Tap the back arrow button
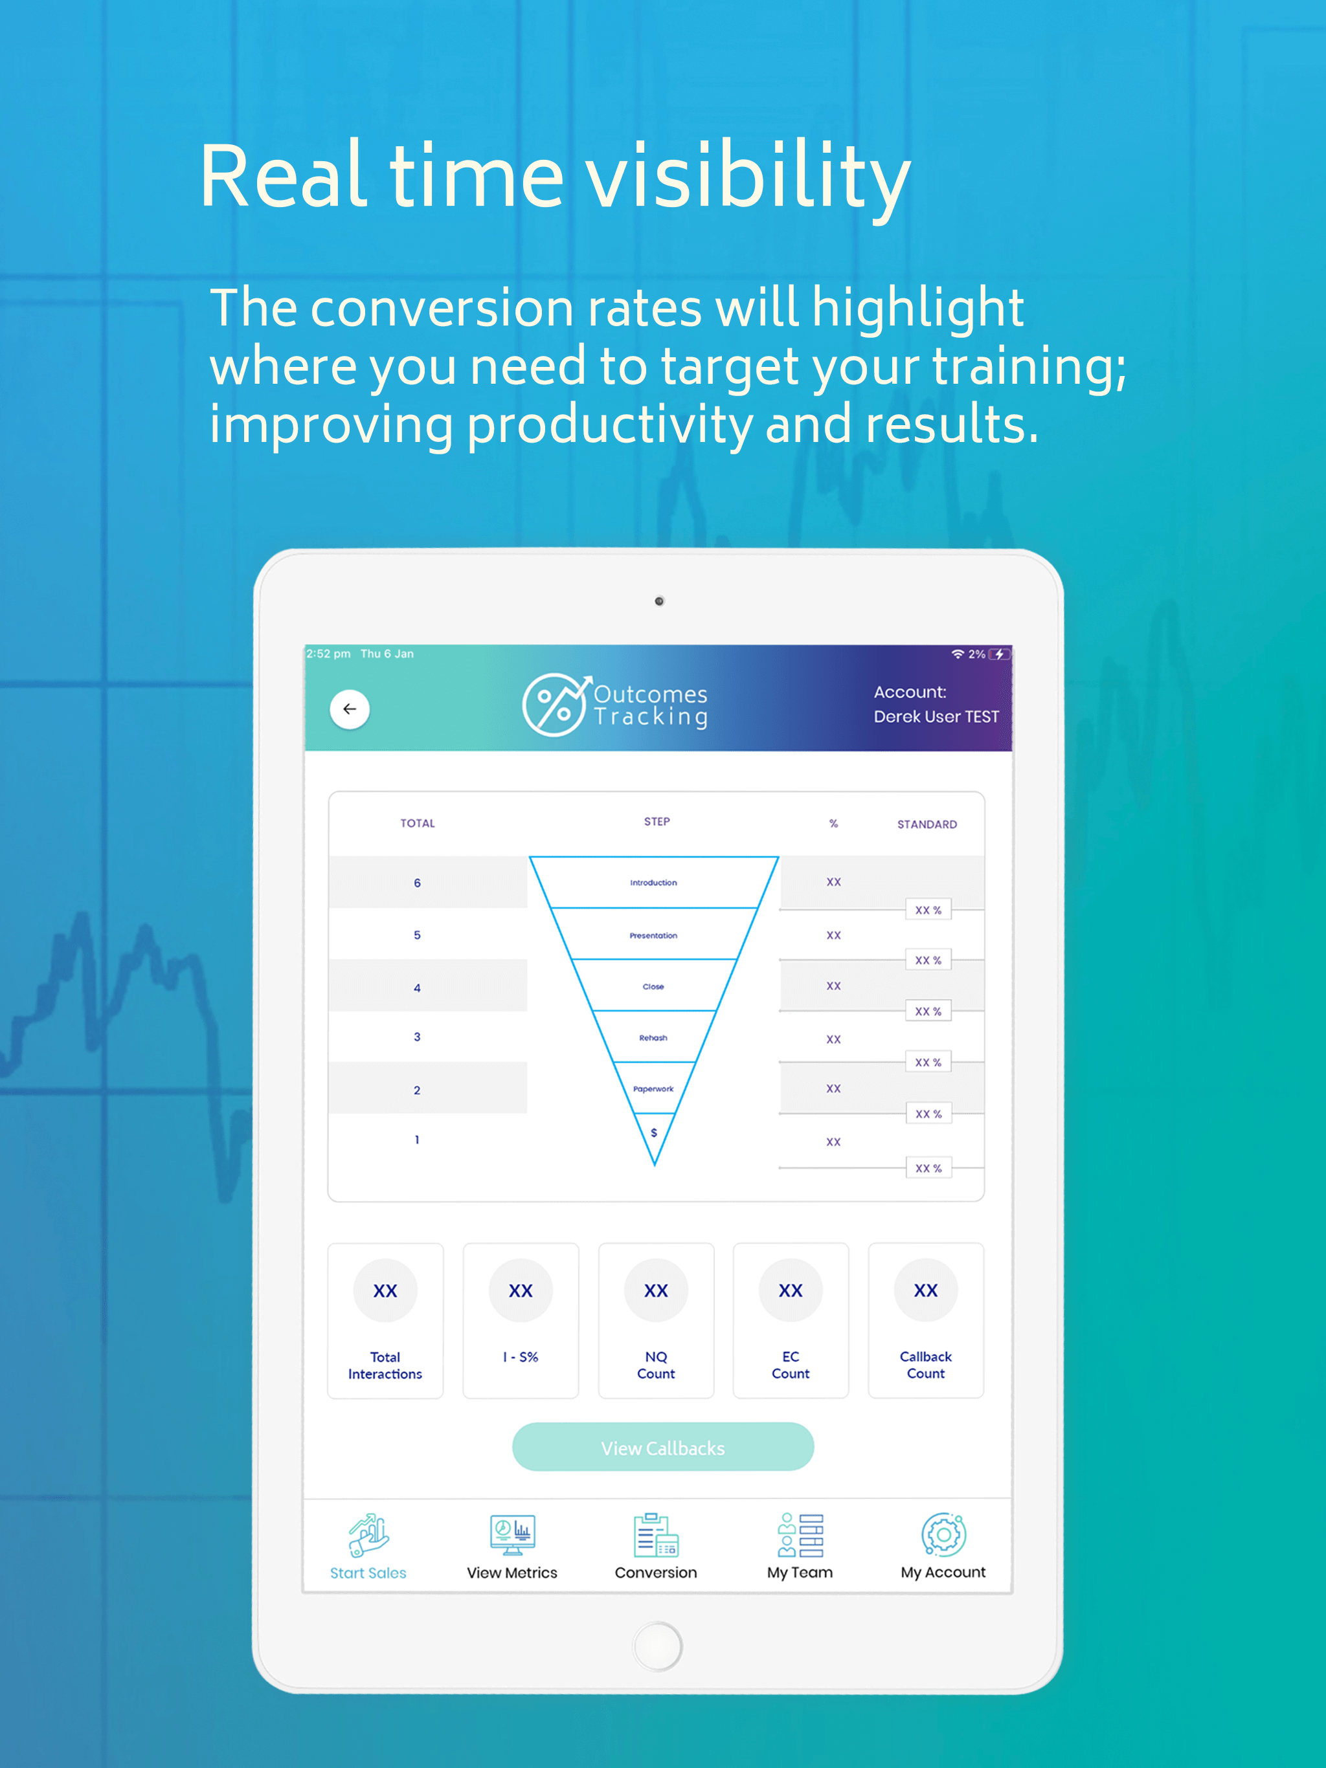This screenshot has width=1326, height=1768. click(x=350, y=709)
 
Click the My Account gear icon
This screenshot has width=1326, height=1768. click(x=944, y=1534)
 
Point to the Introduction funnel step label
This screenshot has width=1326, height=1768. click(x=653, y=883)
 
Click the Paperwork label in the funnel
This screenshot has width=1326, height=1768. click(x=653, y=1088)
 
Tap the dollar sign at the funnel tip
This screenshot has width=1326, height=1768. click(x=654, y=1133)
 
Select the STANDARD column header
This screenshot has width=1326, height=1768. click(x=927, y=824)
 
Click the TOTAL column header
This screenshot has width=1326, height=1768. click(x=418, y=823)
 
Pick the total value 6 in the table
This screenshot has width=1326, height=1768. click(x=417, y=883)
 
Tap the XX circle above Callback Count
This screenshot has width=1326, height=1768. click(x=926, y=1290)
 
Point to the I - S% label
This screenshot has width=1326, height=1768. click(x=521, y=1357)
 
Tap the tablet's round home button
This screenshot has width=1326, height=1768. click(x=657, y=1646)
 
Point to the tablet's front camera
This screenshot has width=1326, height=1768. click(x=659, y=601)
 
